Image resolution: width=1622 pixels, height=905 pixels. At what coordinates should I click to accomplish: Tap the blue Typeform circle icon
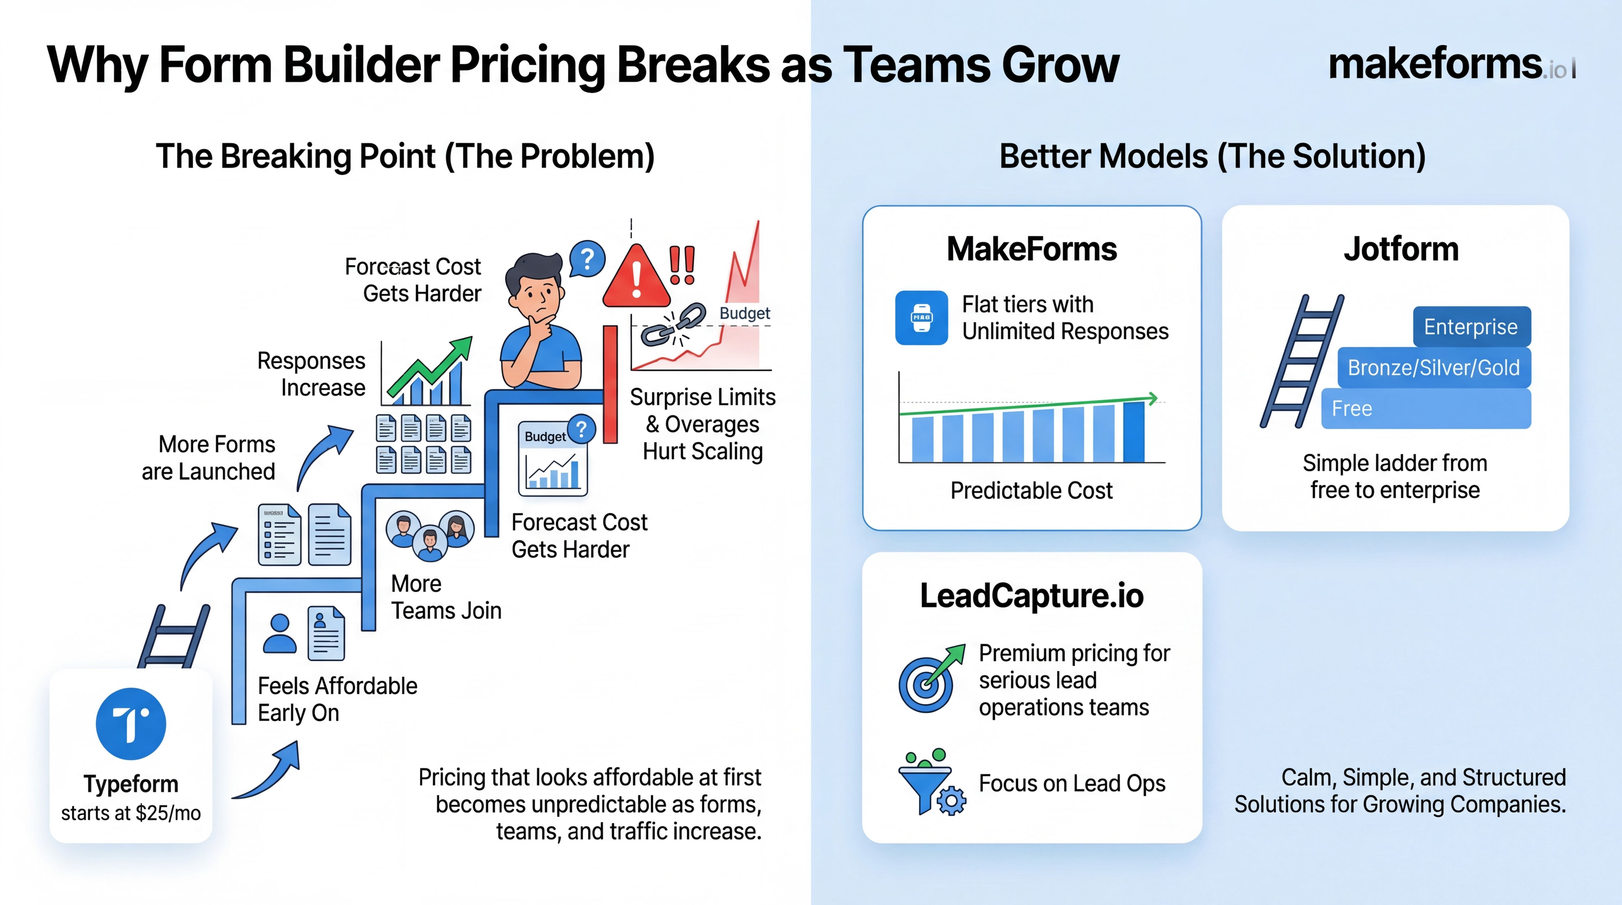(131, 724)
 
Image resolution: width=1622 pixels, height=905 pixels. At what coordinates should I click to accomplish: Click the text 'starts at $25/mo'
(131, 813)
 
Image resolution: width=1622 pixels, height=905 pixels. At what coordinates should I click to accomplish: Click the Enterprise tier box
(1471, 327)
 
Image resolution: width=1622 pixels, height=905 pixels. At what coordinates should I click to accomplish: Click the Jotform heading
(1401, 249)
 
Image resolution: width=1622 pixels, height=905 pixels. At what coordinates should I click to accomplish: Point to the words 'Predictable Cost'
(1031, 490)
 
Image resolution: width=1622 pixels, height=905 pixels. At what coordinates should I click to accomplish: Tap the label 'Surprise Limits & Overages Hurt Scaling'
(703, 424)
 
